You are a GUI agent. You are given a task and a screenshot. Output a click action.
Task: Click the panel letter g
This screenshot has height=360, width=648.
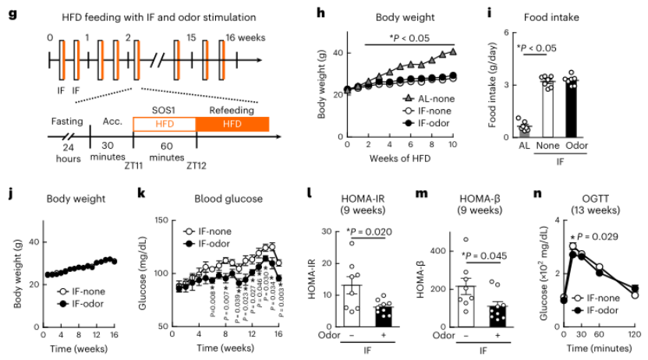(x=12, y=14)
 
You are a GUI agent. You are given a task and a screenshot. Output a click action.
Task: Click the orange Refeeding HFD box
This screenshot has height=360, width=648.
(x=232, y=124)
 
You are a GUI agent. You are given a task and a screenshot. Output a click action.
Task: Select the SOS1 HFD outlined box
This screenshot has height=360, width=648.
(x=164, y=124)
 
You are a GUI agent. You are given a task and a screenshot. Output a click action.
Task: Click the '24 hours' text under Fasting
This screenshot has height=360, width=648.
(x=67, y=154)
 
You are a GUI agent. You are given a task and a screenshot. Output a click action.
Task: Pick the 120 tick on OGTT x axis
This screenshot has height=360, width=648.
(x=635, y=334)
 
